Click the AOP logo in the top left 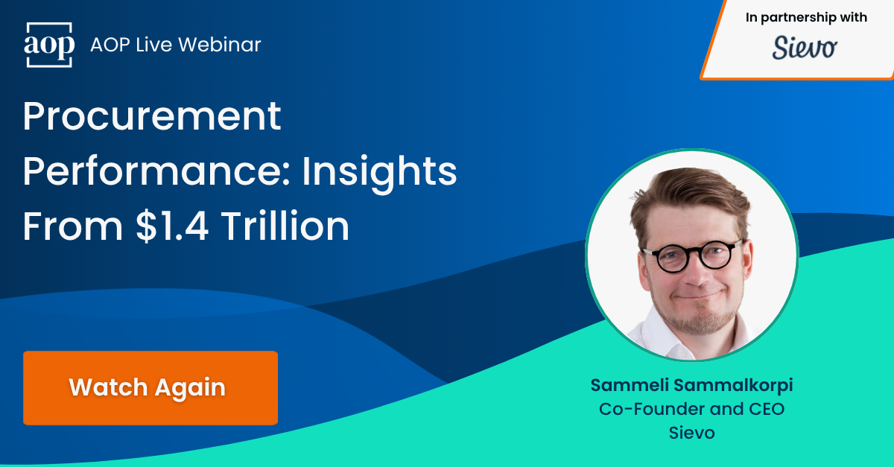point(50,45)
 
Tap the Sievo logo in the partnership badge point(805,48)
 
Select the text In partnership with point(806,18)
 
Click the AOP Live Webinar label point(176,45)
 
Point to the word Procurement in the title point(152,116)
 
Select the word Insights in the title point(379,171)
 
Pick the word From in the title point(71,226)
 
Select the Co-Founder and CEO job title point(691,409)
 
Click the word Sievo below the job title point(691,433)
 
